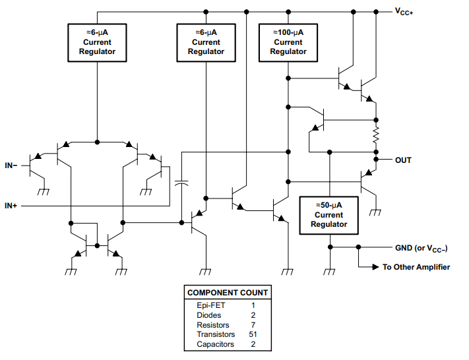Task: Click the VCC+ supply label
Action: tap(404, 12)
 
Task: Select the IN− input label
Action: tap(11, 165)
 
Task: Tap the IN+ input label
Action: tap(11, 206)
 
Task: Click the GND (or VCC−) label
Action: tap(422, 248)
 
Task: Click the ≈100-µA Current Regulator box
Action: tap(288, 42)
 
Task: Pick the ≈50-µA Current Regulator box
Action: tap(328, 215)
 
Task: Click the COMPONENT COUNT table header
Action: tap(228, 293)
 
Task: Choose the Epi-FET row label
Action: tap(210, 305)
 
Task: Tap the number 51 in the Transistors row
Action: tap(253, 334)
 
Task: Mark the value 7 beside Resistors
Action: tap(253, 325)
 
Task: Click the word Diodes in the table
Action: tap(209, 315)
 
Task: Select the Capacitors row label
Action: tap(215, 344)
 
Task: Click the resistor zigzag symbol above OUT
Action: tap(376, 136)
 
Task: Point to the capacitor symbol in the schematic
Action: tap(181, 183)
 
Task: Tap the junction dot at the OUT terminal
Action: tap(376, 160)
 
